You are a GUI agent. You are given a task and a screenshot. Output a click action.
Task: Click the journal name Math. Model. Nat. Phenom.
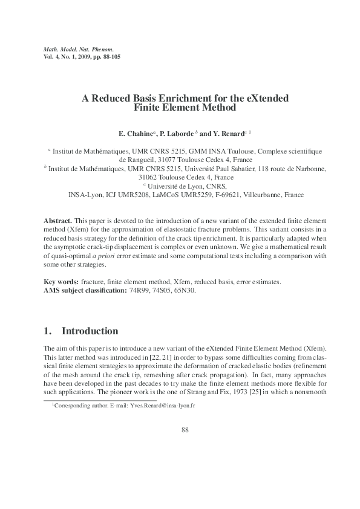[x=79, y=48]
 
